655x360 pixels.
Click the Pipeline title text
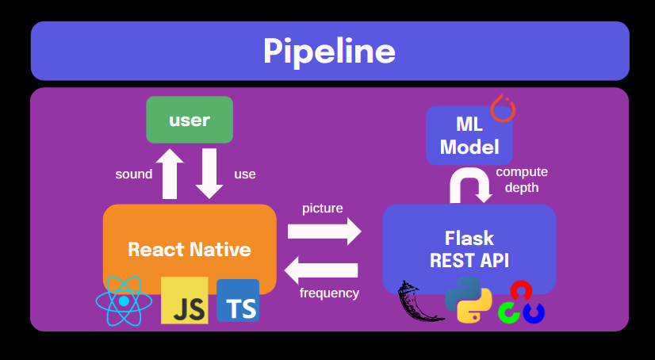(x=329, y=52)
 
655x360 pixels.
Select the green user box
(x=190, y=121)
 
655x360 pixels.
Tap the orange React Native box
(x=190, y=249)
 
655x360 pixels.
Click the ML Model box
(x=469, y=136)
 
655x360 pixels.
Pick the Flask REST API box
(x=469, y=249)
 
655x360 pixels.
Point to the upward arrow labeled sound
(x=170, y=174)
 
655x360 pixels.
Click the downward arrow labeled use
(x=209, y=174)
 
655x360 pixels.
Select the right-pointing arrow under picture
(x=324, y=231)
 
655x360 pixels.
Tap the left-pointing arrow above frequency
(x=321, y=270)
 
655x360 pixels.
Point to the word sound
(x=133, y=174)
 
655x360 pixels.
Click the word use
(x=245, y=174)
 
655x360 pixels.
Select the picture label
(x=323, y=209)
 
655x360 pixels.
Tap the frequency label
(x=329, y=293)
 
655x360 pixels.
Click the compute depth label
(x=522, y=180)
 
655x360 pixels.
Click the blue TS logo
(x=238, y=301)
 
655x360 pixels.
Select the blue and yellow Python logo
(x=468, y=299)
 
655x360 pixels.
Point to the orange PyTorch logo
(x=503, y=108)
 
